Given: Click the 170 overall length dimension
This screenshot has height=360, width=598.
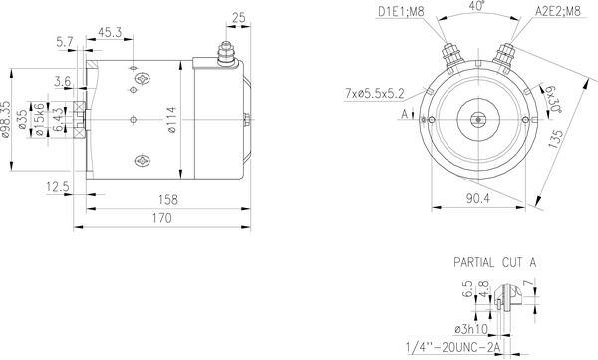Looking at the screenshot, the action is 162,218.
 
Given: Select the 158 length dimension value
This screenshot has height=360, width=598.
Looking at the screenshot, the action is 168,200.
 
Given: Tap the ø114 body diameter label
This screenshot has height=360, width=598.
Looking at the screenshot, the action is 172,120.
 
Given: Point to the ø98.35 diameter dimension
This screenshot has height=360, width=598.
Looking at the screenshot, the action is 5,119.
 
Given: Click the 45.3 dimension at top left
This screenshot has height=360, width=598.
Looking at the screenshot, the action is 110,32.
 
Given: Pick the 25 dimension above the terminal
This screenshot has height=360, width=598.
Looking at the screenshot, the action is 239,18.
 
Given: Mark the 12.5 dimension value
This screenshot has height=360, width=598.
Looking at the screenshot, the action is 58,187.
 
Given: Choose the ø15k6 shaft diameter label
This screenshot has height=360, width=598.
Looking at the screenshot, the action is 39,119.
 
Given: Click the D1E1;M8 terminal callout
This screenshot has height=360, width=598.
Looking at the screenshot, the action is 401,11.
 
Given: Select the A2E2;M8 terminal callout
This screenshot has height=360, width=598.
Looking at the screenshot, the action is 558,11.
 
